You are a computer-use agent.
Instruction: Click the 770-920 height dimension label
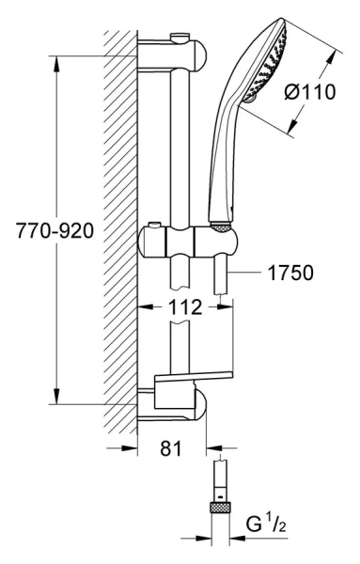click(55, 230)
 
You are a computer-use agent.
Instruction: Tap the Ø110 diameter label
click(309, 92)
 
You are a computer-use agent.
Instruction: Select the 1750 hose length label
click(290, 273)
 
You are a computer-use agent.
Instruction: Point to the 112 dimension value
click(185, 306)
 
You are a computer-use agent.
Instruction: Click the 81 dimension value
click(171, 448)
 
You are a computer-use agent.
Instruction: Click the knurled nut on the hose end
click(220, 508)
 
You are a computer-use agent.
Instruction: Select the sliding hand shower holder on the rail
click(188, 243)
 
